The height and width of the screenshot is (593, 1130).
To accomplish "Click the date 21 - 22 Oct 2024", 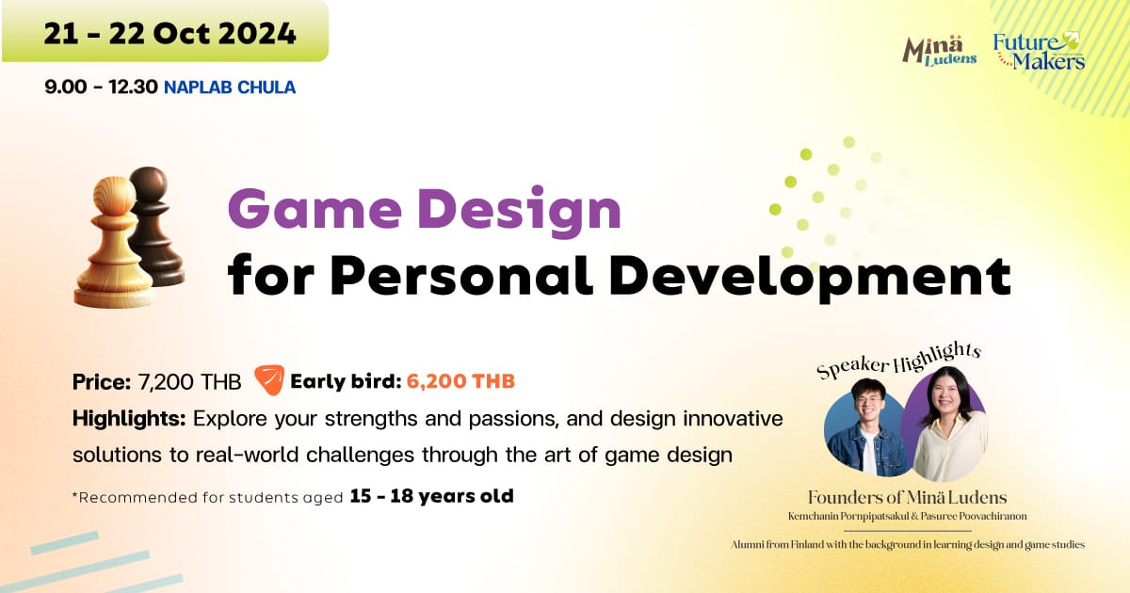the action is tap(170, 34).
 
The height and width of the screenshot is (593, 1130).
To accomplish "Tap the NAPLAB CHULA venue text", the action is tap(230, 88).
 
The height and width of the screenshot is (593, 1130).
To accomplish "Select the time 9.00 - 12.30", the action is tap(101, 88).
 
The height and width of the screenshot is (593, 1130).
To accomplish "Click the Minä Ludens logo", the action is tap(940, 52).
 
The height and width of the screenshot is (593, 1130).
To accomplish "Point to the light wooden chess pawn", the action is tap(113, 243).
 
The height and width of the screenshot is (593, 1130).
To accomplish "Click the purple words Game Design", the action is tap(425, 209).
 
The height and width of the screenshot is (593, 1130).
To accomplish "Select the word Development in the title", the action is tap(810, 278).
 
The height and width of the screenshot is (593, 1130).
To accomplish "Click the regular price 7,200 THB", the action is tap(189, 382).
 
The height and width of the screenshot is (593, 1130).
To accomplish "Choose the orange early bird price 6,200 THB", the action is tap(460, 381).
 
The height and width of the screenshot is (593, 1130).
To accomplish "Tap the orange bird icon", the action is tap(269, 380).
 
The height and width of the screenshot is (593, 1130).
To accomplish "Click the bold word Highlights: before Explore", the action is tap(129, 419).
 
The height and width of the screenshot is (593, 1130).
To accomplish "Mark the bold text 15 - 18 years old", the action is tap(432, 496).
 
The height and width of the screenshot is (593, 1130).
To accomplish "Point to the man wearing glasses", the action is tap(867, 427).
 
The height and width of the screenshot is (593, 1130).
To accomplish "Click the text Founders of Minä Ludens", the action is tap(907, 498).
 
